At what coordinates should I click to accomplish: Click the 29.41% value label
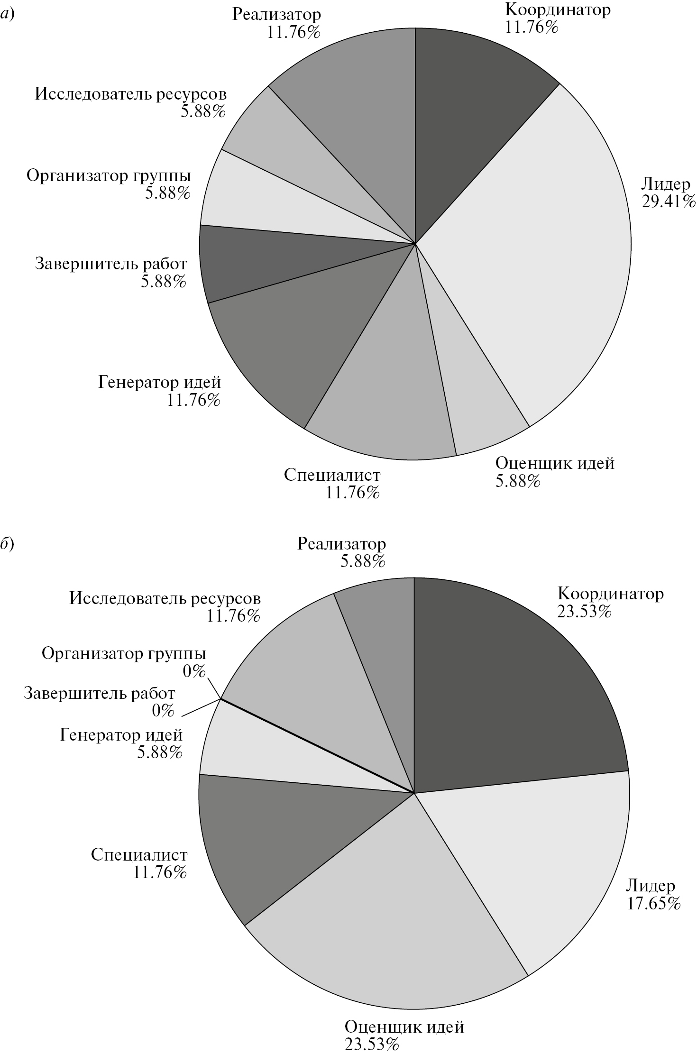pos(668,202)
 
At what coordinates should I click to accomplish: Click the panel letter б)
pos(8,544)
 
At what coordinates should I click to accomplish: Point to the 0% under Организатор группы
pos(195,671)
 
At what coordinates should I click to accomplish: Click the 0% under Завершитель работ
pos(163,711)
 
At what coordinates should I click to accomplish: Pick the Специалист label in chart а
pos(332,475)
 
